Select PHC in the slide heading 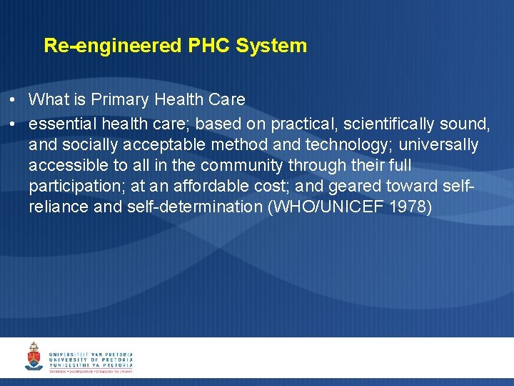[209, 46]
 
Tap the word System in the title [271, 46]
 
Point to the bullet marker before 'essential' [14, 124]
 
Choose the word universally [438, 145]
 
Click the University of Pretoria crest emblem [34, 357]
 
